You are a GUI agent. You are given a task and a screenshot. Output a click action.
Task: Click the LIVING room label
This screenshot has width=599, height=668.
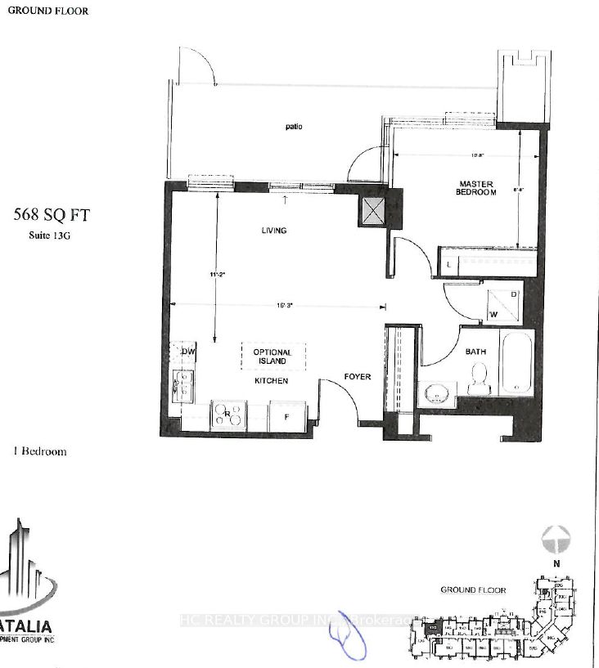(x=273, y=231)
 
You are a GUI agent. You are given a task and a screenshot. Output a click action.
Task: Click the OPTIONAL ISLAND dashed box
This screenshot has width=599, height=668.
(x=272, y=356)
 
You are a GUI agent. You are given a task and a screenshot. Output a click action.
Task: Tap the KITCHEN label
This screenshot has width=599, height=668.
(x=273, y=381)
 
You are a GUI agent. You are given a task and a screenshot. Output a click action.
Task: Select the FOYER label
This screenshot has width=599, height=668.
(x=357, y=377)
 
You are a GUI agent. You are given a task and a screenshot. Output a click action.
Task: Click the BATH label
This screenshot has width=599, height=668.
(x=476, y=352)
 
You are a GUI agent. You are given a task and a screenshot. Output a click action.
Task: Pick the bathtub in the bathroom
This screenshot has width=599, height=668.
(x=516, y=362)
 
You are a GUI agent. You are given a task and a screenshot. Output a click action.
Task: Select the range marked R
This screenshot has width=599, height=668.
(x=228, y=415)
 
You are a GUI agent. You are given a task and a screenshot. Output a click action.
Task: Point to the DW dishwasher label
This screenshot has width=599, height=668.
(x=187, y=352)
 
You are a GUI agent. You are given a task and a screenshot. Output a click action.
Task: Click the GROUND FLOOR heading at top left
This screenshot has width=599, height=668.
(x=48, y=11)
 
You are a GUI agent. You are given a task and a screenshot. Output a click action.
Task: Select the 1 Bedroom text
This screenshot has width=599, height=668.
(x=40, y=451)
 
